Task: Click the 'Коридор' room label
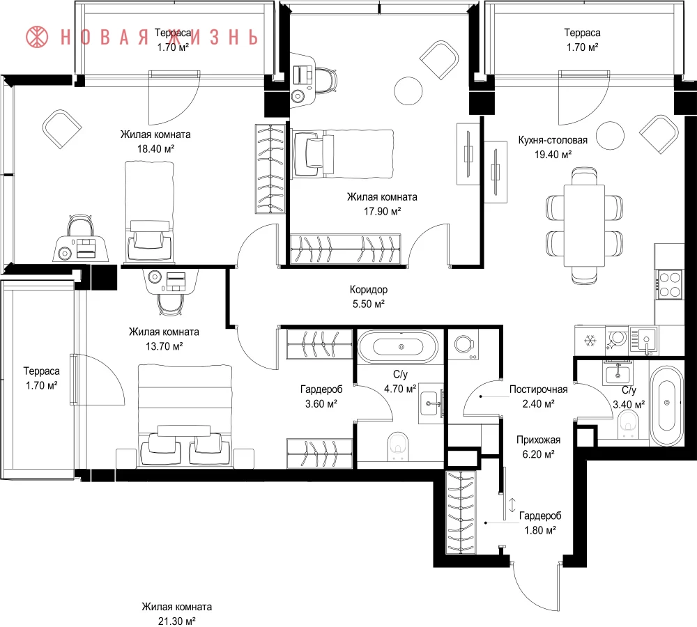tap(368, 290)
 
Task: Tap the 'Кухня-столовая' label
tap(553, 140)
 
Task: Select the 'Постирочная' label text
tap(538, 389)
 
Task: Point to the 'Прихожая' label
tap(538, 440)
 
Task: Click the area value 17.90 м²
tap(382, 211)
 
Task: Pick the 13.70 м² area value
tap(164, 346)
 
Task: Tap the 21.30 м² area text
tap(176, 621)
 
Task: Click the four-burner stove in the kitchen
tap(669, 284)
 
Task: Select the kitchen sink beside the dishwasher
tap(643, 341)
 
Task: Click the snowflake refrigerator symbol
tap(590, 341)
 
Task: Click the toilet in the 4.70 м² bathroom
tap(397, 447)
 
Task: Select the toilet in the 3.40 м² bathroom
tap(627, 424)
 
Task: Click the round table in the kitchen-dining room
tap(610, 136)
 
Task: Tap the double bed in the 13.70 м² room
tap(185, 416)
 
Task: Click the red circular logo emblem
tap(36, 37)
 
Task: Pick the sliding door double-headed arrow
tap(512, 505)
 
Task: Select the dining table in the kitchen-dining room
tap(584, 225)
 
